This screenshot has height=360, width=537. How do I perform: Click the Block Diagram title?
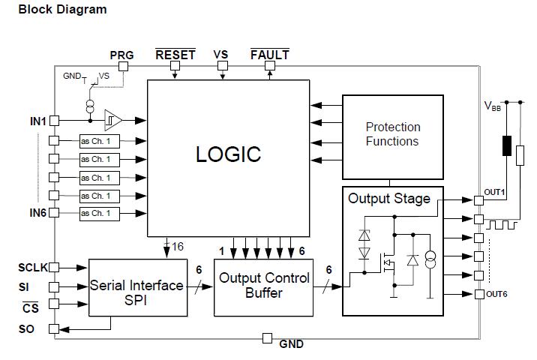tap(62, 10)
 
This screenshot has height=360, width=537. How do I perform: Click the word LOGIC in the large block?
tap(228, 154)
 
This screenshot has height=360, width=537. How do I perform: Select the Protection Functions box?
tap(392, 134)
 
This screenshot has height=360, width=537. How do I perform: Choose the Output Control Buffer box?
tap(263, 285)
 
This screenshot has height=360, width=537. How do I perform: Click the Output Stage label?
tap(389, 199)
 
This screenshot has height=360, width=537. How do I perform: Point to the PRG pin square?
tap(124, 67)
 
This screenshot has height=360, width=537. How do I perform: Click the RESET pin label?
tap(175, 55)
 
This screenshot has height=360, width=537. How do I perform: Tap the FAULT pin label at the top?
tap(269, 55)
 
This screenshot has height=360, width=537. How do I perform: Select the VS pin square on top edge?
tap(222, 67)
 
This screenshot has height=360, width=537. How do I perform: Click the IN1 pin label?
tap(38, 120)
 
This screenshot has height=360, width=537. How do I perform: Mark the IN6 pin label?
tap(38, 213)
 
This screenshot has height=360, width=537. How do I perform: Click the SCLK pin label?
tap(32, 267)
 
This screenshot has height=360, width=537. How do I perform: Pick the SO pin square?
tap(53, 328)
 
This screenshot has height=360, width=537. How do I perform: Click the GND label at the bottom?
tap(291, 344)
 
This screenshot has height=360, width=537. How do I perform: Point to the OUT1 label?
tap(494, 193)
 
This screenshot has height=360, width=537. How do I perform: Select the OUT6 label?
tap(496, 293)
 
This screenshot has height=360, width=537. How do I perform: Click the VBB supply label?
tap(491, 106)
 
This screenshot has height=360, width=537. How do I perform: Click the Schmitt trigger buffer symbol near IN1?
tap(113, 119)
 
